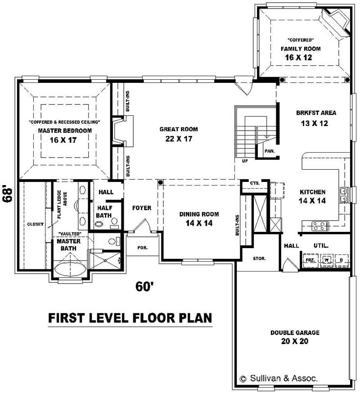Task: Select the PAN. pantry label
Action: pos(270,151)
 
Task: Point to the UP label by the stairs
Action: pos(244,161)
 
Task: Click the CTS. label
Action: pos(255,183)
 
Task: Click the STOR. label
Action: pos(259,258)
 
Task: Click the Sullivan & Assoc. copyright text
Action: pos(279,379)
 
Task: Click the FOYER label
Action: pos(141,208)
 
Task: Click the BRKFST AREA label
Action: pos(316,113)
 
